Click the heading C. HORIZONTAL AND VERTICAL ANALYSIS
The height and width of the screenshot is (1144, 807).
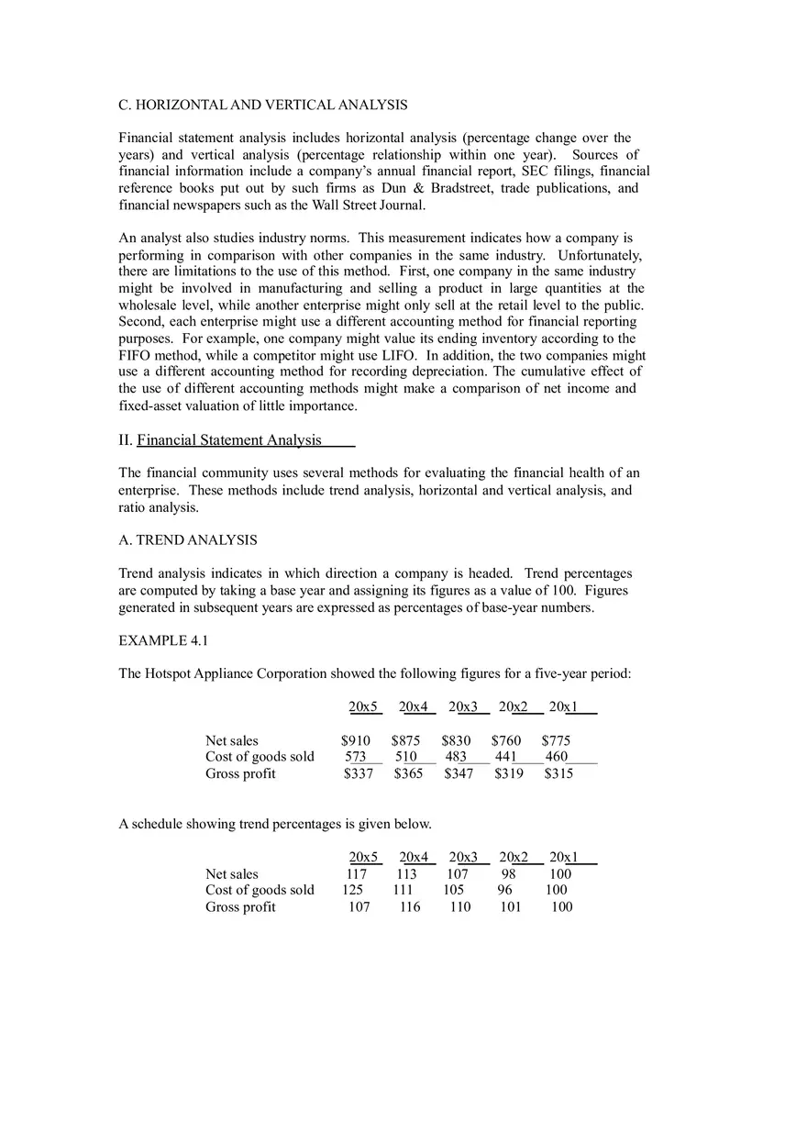pos(263,105)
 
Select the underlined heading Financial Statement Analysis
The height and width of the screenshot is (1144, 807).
pos(229,440)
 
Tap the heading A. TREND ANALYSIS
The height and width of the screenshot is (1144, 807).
pos(188,540)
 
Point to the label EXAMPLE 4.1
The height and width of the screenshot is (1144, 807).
pos(163,640)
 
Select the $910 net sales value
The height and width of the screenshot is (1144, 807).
pos(356,740)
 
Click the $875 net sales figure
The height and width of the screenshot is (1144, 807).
pos(406,740)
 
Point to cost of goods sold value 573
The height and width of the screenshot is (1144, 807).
pos(356,757)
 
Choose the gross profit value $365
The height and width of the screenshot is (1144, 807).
pos(408,773)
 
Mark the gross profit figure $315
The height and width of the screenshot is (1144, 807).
pos(558,773)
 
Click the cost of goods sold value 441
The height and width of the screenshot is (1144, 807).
pos(506,757)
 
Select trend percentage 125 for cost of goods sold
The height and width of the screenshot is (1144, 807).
pos(352,890)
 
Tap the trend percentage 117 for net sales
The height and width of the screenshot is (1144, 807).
pos(356,874)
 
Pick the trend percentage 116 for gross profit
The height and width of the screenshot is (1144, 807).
pos(410,907)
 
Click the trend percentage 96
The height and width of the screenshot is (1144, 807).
pos(505,890)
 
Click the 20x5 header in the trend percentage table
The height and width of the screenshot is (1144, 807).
pos(363,858)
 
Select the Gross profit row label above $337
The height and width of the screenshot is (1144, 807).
pos(240,773)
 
